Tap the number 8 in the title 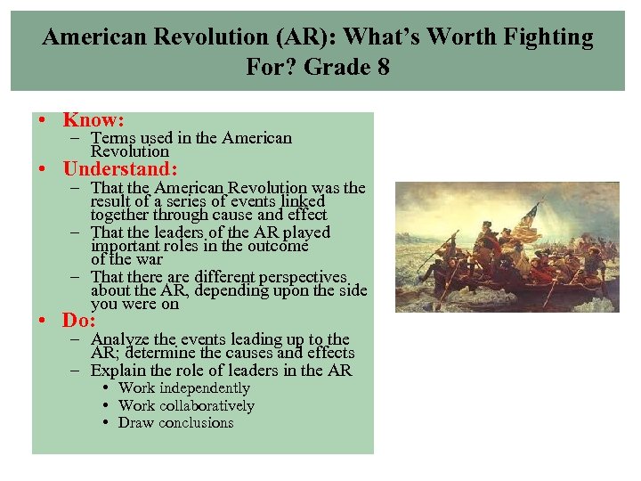point(381,67)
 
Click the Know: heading point(93,119)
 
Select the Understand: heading point(120,168)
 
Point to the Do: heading point(79,321)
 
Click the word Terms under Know point(111,138)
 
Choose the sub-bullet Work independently point(183,388)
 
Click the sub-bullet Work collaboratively point(186,406)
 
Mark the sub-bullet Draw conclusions point(175,423)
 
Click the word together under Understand point(120,215)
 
